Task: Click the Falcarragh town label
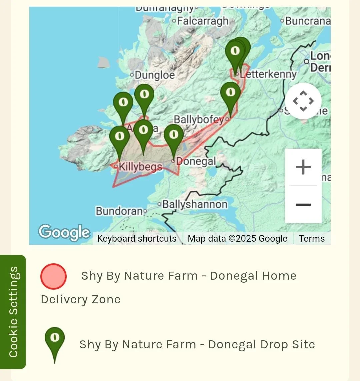coord(203,21)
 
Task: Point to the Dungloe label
coord(154,75)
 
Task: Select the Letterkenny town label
coord(268,74)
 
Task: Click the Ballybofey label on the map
coord(199,119)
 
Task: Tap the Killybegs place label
coord(140,166)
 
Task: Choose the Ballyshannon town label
coord(195,204)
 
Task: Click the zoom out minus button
coord(303,204)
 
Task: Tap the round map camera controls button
coord(303,101)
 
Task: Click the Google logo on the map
coord(64,232)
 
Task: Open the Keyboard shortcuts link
coord(137,239)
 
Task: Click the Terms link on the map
coord(311,239)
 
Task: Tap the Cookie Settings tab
coord(13,312)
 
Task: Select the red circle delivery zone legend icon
coord(53,276)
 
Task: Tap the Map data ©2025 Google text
coord(237,239)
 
